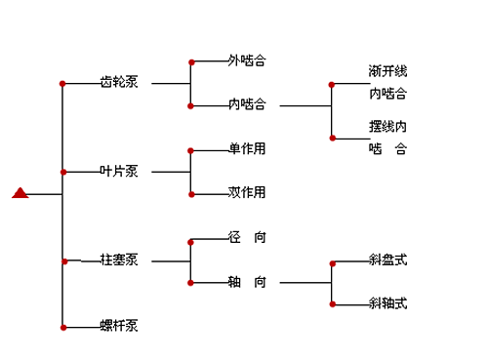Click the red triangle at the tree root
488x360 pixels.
[20, 192]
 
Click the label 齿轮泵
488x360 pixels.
[119, 82]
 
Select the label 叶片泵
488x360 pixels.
[119, 171]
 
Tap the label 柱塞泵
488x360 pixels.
[119, 260]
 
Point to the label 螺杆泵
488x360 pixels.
[119, 325]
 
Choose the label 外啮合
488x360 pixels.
[247, 60]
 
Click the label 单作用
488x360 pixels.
[247, 148]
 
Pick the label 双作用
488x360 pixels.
[247, 192]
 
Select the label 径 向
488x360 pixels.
[247, 237]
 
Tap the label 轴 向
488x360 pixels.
[247, 282]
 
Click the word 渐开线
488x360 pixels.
[387, 72]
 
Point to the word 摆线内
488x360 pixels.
[387, 127]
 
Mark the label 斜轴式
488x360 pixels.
[387, 303]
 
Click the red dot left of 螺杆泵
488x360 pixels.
[63, 326]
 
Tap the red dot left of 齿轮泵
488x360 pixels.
[63, 83]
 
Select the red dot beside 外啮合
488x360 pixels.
[191, 61]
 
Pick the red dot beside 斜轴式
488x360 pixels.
[333, 304]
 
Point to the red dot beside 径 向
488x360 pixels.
[191, 238]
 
